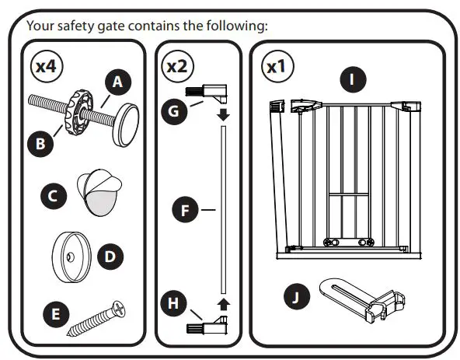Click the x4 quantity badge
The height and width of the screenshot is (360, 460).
tap(46, 66)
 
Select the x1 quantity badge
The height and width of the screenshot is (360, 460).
tap(276, 67)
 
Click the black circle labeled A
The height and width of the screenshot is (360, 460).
tap(117, 81)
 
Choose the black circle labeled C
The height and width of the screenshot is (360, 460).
tap(53, 196)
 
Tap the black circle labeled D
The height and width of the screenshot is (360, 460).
tap(110, 254)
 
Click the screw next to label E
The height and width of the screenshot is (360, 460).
tap(95, 319)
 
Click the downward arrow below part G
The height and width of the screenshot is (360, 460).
tap(223, 115)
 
